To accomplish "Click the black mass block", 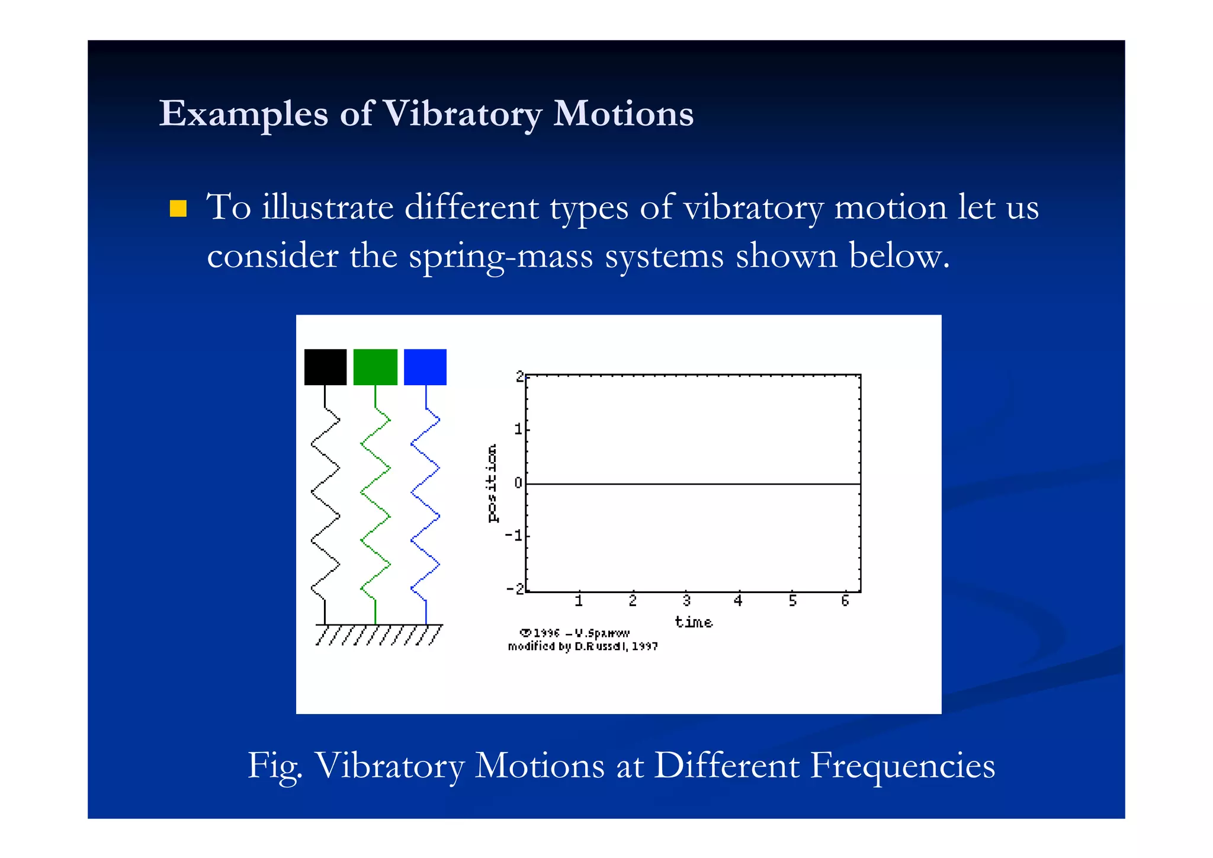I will tap(325, 367).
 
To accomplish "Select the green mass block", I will tap(375, 367).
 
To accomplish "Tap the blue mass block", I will tap(425, 367).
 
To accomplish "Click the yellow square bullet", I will tap(178, 209).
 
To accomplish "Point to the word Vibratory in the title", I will tap(461, 113).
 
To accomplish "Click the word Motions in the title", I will tap(623, 113).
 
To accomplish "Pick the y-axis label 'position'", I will tap(492, 483).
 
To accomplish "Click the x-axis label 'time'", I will tap(694, 622).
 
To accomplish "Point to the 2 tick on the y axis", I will tap(519, 376).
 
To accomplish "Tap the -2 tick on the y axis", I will tap(515, 589).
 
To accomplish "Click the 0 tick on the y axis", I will tap(518, 483).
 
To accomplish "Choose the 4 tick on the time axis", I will tap(738, 601).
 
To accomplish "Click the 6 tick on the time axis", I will tap(845, 601).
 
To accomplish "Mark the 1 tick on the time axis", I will tap(579, 601).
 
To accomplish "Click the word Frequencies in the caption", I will tap(902, 765).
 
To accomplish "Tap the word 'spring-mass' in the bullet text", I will tap(500, 256).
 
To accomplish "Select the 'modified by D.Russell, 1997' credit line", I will tap(583, 646).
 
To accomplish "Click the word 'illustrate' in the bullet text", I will tap(328, 207).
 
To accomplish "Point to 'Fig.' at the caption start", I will tap(275, 766).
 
